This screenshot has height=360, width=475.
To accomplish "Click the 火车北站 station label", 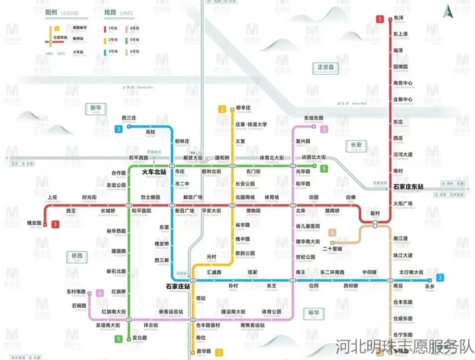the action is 153,172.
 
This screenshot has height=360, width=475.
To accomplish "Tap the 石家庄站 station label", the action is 178,287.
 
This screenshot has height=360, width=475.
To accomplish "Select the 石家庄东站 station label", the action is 408,187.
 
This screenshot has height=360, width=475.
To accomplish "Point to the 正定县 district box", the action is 326,67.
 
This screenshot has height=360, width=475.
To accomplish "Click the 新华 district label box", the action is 95,108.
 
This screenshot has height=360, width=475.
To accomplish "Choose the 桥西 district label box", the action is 77,256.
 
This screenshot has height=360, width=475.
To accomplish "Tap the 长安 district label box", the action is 355,145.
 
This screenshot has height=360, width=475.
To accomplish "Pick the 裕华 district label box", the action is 314,313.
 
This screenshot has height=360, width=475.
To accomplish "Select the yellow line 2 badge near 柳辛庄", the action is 223,109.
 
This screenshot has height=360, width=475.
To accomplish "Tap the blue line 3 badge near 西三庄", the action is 119,129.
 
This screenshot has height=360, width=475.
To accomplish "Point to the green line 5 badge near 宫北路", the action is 118,339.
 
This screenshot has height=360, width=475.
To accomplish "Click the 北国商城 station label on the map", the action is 245,197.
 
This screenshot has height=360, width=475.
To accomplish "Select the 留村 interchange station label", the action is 375,214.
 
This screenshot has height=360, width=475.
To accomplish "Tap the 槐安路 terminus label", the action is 34,222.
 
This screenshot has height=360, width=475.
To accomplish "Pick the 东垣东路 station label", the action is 314,118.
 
